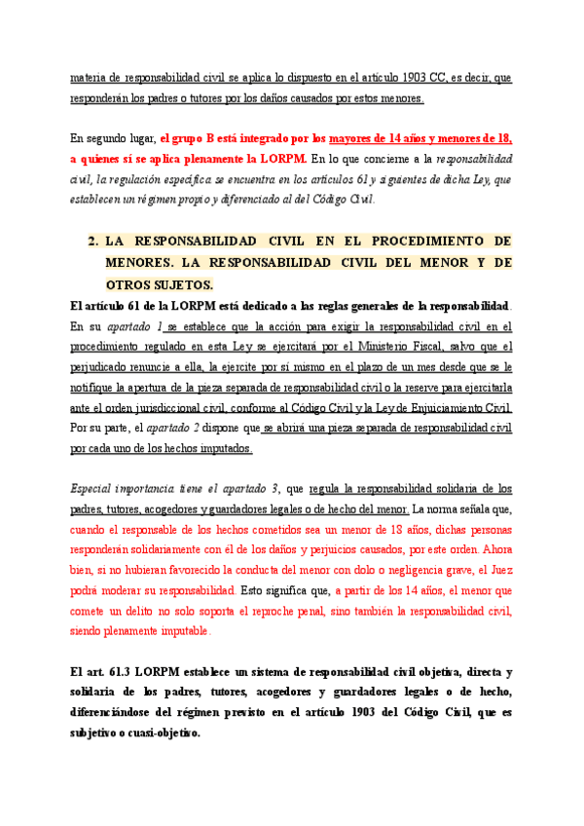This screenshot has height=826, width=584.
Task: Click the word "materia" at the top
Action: (89, 78)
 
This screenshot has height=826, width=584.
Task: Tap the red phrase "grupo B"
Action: (199, 137)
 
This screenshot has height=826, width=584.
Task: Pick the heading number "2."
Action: (94, 240)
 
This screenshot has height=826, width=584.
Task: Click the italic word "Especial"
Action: (95, 488)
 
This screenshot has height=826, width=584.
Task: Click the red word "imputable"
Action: (182, 631)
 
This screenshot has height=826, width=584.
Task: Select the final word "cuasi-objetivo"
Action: (152, 733)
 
